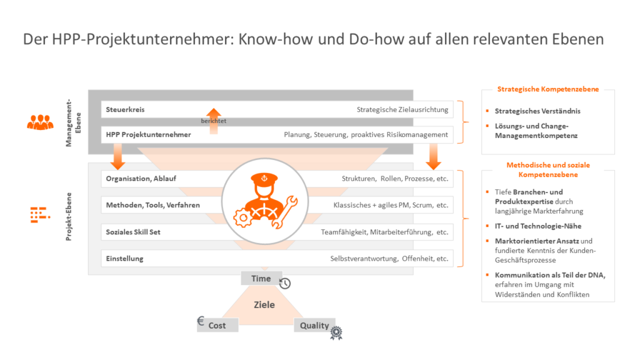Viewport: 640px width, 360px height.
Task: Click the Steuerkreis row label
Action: (x=126, y=110)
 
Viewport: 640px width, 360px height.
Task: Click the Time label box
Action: (x=261, y=279)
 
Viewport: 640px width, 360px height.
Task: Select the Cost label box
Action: (x=217, y=325)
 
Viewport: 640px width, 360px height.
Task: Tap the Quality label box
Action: (x=314, y=325)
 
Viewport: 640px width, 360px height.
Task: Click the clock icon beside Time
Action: (x=285, y=283)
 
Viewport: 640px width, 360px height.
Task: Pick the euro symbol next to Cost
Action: (x=201, y=322)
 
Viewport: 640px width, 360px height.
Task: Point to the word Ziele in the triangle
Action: (x=264, y=305)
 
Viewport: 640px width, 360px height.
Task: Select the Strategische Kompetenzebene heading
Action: (x=547, y=89)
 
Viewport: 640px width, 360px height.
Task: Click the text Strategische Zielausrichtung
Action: (x=402, y=110)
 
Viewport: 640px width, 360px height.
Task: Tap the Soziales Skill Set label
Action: (x=133, y=232)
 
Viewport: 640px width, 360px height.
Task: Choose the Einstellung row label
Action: (x=124, y=259)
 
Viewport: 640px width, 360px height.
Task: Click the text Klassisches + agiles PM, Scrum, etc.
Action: (x=391, y=204)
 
